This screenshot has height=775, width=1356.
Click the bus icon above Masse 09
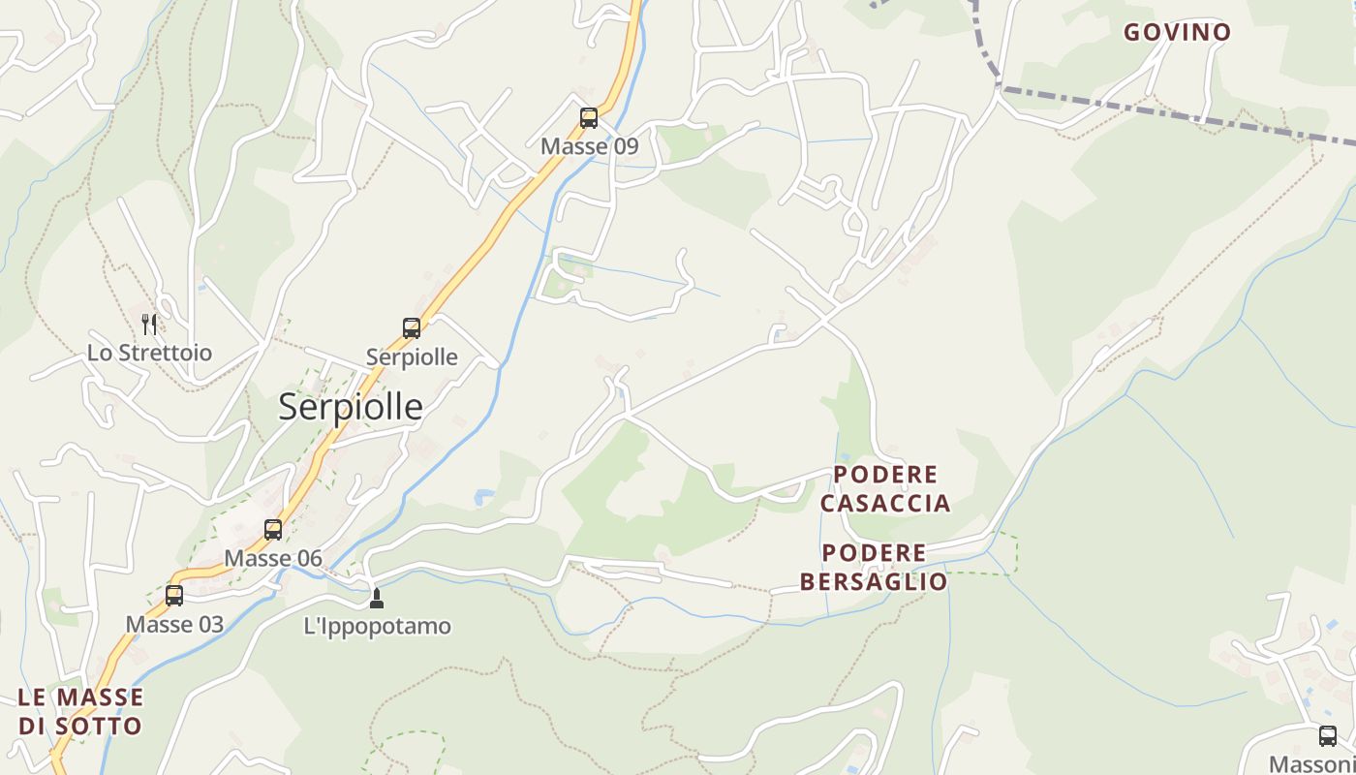[x=588, y=118]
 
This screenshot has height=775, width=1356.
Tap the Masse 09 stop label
[x=589, y=146]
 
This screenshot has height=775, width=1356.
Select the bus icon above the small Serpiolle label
[x=412, y=327]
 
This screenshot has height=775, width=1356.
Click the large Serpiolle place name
[x=351, y=407]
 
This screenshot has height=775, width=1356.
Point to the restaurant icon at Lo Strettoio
[x=149, y=324]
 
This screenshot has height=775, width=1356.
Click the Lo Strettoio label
[x=149, y=353]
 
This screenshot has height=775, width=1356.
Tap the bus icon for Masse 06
[x=273, y=529]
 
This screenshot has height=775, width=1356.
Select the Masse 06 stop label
[x=273, y=558]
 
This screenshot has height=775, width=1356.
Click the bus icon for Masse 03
[x=174, y=595]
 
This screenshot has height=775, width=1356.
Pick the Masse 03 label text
[x=174, y=625]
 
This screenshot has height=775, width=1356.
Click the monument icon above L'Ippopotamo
[x=377, y=599]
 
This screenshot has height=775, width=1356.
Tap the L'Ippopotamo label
[x=378, y=626]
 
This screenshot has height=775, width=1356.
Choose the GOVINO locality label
[x=1177, y=32]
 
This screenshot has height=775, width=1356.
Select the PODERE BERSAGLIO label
[x=874, y=568]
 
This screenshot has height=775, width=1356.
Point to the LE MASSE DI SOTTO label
[x=80, y=711]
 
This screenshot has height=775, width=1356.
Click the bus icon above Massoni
[x=1327, y=735]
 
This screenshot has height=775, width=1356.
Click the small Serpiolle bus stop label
[x=412, y=356]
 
